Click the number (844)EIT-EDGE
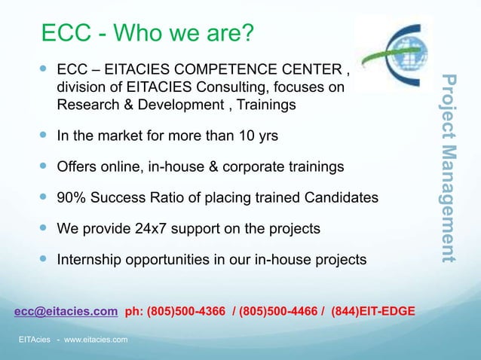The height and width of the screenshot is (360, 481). coord(373,310)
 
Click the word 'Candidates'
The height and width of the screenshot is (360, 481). coord(340,198)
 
